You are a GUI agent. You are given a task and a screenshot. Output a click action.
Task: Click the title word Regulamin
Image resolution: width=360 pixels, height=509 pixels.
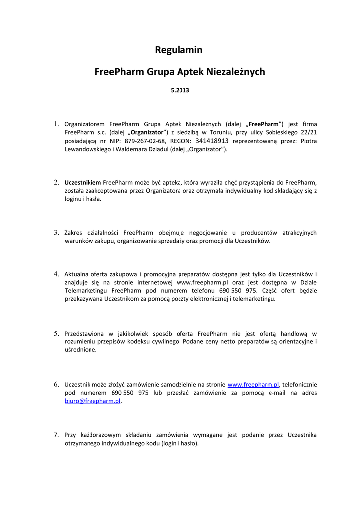tap(179, 50)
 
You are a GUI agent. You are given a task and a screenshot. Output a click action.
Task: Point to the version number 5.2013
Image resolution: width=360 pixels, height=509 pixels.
tap(180, 91)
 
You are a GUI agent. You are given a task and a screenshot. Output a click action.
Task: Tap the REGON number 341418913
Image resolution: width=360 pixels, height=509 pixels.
tap(212, 141)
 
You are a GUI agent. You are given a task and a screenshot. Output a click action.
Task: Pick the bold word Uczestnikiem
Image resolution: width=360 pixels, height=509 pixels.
tap(83, 182)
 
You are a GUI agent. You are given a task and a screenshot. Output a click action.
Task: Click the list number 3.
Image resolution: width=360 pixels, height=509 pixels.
tap(56, 232)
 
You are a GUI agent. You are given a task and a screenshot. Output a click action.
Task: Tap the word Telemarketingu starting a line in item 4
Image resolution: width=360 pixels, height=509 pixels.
tap(87, 290)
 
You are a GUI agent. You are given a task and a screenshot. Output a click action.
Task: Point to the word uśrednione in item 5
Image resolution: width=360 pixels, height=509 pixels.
tap(81, 349)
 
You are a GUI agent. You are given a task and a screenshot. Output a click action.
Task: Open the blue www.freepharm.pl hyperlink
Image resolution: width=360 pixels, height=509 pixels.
tap(253, 384)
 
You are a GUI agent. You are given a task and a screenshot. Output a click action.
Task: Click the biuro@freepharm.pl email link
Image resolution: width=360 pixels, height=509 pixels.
tap(93, 401)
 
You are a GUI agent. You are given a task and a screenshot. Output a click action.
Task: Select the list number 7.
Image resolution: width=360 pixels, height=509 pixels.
tap(56, 435)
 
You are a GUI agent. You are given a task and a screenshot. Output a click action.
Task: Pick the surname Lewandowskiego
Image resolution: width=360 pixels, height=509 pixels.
tap(88, 150)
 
